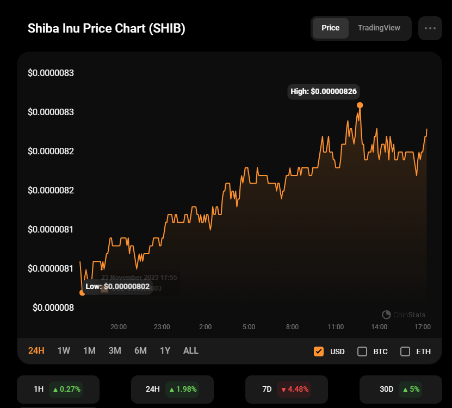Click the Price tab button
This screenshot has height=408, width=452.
pos(331,28)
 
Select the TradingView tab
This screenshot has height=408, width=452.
pos(379,28)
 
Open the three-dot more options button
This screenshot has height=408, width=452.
pos(430,28)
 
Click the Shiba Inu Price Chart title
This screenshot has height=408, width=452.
pos(107,28)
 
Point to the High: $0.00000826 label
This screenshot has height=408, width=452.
pos(324,91)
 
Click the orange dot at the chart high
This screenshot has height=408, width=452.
pos(360,105)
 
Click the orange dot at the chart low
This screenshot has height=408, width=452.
pos(82,292)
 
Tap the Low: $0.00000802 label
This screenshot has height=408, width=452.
pos(117,286)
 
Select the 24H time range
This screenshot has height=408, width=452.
pos(36,351)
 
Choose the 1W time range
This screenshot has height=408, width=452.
pos(64,351)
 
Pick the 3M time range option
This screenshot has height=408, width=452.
pos(115,351)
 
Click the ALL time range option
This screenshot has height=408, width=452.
pos(191,351)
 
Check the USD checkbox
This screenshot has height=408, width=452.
pos(319,351)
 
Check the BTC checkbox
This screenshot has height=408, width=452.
pos(362,351)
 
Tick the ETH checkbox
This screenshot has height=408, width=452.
pos(405,351)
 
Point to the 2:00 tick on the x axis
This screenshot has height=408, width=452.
pos(206,327)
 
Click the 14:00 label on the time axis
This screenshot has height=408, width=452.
pos(379,327)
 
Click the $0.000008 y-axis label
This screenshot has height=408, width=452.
pos(53,307)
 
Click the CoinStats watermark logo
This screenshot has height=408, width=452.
pos(387,315)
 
